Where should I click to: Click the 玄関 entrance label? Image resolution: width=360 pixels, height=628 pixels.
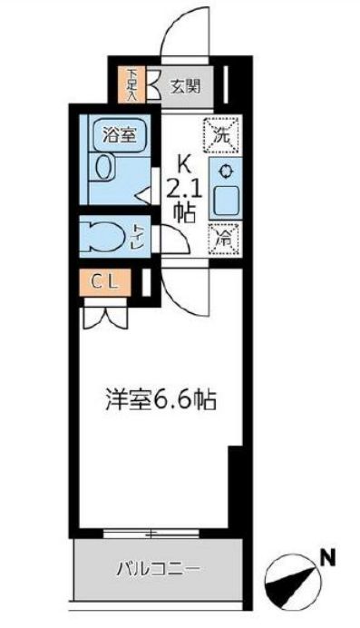tap(185, 87)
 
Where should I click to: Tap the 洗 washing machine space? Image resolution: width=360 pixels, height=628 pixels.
tap(220, 138)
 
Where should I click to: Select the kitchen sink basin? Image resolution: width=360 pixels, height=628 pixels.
tap(222, 201)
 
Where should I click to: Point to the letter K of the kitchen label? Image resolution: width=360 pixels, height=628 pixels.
tap(183, 166)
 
